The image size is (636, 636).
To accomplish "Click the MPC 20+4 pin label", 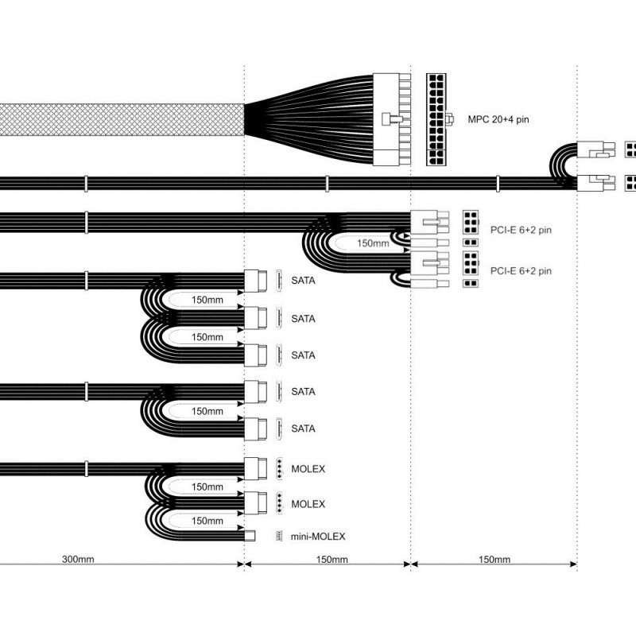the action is pos(498,120).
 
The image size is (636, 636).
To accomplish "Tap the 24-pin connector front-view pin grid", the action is pos(436,119).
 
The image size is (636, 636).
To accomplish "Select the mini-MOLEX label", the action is pos(318,537).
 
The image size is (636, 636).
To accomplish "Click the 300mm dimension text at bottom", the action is pos(78,559).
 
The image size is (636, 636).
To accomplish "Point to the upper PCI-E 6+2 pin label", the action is pos(521,230).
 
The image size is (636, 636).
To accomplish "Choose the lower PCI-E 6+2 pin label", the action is pos(521,271).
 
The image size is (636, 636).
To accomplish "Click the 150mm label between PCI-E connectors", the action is pos(373,243).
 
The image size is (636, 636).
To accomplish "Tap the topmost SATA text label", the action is pos(303,281).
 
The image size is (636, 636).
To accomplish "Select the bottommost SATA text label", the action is pos(303,429).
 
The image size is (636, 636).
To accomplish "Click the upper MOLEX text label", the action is pos(308,469).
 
